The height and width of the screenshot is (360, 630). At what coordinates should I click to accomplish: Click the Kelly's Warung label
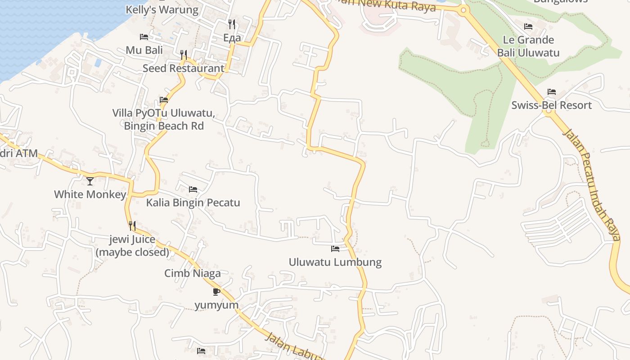coord(162,10)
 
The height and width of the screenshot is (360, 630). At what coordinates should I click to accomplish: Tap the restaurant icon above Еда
coord(232,24)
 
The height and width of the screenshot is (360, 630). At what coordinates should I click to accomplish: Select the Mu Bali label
coord(144,50)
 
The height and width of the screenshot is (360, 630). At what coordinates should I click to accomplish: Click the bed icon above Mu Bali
coord(144,36)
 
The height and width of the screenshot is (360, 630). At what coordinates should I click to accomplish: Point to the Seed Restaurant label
coord(183,68)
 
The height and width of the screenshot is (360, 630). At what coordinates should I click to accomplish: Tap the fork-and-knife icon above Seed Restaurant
coord(184,55)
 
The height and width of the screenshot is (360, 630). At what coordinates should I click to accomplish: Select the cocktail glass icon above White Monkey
coord(90,181)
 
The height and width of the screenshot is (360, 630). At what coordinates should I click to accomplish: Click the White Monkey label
coord(90,194)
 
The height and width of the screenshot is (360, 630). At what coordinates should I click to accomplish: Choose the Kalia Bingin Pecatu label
coord(193,202)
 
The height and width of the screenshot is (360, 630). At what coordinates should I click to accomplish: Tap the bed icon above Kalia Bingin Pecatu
coord(193,189)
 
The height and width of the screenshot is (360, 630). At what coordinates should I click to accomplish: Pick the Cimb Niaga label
coord(192,273)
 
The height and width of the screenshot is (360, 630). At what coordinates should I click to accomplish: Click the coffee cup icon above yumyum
coord(216,292)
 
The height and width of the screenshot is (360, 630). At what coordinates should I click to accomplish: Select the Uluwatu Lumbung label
coord(335,262)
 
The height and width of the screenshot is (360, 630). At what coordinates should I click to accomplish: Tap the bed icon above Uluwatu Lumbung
coord(335,248)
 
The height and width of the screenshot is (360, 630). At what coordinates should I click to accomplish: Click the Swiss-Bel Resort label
coord(551,105)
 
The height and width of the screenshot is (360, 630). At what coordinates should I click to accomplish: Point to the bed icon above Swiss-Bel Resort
coord(552,92)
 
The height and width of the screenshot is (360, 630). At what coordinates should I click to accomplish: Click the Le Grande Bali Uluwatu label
coord(528,46)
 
